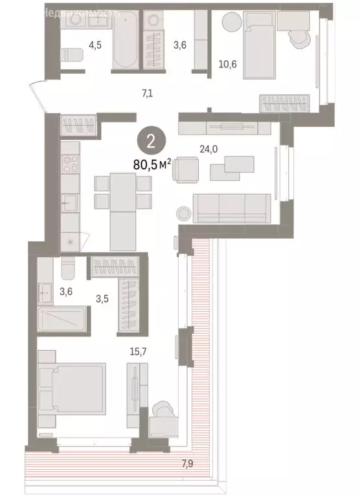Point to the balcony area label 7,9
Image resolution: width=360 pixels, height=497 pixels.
point(190,462)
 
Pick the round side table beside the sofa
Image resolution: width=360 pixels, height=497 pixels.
point(183,213)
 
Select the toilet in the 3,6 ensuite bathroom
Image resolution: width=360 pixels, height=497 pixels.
point(69,267)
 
